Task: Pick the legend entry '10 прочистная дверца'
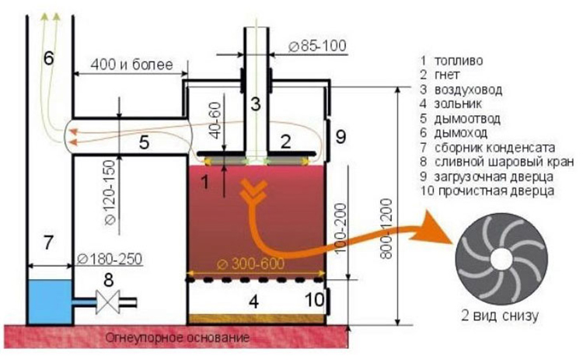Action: coord(487,191)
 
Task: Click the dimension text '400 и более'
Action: coord(130,62)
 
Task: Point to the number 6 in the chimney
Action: coord(49,58)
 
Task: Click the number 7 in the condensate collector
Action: coord(48,243)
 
